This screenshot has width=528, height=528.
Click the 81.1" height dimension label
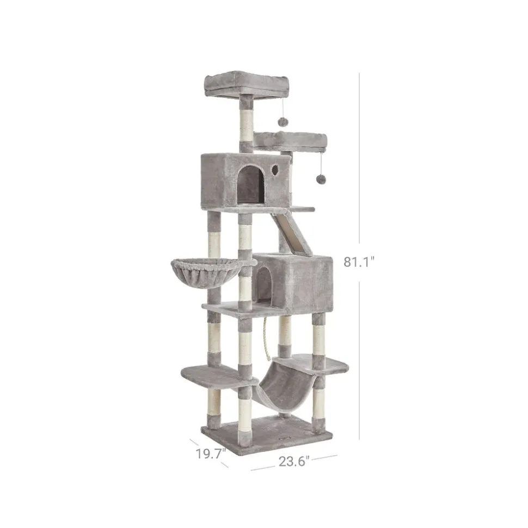point(359,262)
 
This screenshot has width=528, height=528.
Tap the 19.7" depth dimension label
point(211,454)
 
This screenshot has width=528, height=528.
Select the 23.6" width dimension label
point(294,461)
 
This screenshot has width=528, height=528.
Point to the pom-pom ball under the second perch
point(320,178)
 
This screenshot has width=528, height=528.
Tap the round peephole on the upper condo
point(274,169)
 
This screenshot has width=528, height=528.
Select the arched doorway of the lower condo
point(264,283)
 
